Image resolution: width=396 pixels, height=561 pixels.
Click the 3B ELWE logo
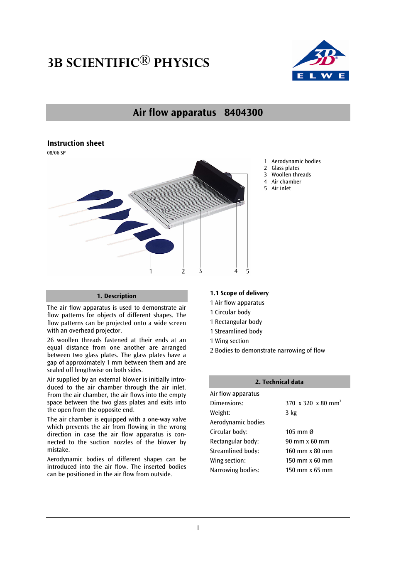click(x=320, y=61)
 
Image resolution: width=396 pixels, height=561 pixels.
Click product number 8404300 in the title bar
click(x=243, y=113)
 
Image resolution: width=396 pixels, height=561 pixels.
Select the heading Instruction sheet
click(x=76, y=143)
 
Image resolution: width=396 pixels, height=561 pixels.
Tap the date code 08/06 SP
click(x=56, y=153)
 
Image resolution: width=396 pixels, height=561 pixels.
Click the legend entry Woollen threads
click(x=291, y=175)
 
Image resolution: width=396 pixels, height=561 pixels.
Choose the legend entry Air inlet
click(x=281, y=189)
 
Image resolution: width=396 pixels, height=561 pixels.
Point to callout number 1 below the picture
click(x=151, y=271)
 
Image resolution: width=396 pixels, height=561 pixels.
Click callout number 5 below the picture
click(x=248, y=271)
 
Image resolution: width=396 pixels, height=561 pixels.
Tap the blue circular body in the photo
click(x=159, y=246)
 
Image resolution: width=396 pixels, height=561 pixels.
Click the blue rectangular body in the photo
click(x=147, y=234)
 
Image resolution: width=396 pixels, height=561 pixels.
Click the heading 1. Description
click(x=117, y=296)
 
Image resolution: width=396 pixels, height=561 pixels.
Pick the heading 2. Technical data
click(x=279, y=382)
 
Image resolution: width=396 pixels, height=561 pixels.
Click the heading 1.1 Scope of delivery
click(x=239, y=293)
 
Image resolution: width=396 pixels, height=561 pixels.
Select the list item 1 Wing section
click(x=229, y=341)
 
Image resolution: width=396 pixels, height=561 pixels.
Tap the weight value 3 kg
click(x=291, y=413)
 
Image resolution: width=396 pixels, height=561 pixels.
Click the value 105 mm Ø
click(x=299, y=432)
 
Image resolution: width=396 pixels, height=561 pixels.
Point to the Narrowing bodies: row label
click(x=235, y=470)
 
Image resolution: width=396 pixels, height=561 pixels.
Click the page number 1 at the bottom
click(x=198, y=528)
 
